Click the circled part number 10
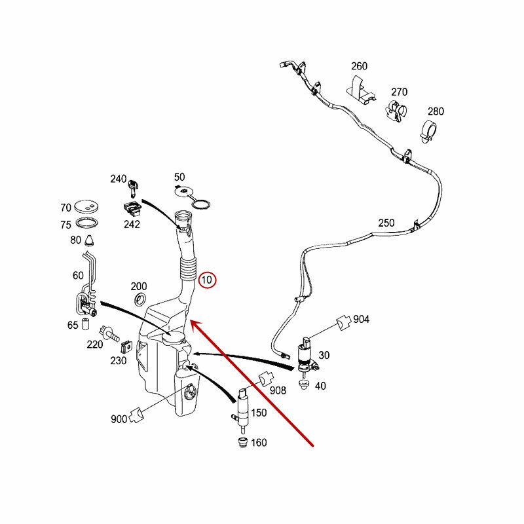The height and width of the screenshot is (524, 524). click(207, 280)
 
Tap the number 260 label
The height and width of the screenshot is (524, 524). click(359, 66)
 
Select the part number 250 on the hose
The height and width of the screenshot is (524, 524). click(386, 223)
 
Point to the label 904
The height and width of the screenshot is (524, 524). click(362, 319)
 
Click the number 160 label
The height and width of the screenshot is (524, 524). click(259, 443)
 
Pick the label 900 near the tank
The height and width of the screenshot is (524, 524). click(119, 419)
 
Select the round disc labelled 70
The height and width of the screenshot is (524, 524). click(86, 205)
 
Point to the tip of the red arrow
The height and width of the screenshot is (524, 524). click(192, 321)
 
